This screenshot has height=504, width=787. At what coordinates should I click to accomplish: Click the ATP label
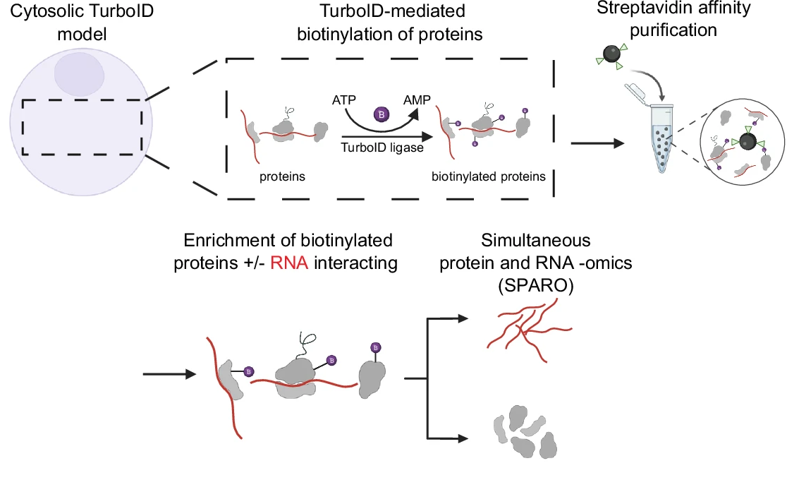344,100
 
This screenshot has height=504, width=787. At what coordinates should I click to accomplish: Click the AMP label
417,100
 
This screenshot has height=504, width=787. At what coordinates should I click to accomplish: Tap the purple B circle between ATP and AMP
382,114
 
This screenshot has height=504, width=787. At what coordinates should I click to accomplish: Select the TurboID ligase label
382,148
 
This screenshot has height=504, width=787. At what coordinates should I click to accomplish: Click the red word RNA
289,263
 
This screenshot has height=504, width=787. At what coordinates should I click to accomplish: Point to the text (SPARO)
535,285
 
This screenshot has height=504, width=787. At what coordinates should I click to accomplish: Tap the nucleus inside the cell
79,74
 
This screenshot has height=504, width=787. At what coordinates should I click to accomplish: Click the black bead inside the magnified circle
748,142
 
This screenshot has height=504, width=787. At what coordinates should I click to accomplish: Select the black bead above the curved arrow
611,54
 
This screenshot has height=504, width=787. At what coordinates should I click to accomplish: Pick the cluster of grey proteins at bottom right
525,432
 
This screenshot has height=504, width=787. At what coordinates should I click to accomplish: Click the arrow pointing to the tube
597,143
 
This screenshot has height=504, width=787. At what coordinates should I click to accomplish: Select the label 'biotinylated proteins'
489,176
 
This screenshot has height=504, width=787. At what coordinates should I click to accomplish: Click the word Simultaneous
535,240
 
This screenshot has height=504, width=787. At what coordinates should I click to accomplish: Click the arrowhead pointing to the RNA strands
463,318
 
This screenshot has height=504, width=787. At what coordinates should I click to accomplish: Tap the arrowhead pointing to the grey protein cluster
463,438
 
